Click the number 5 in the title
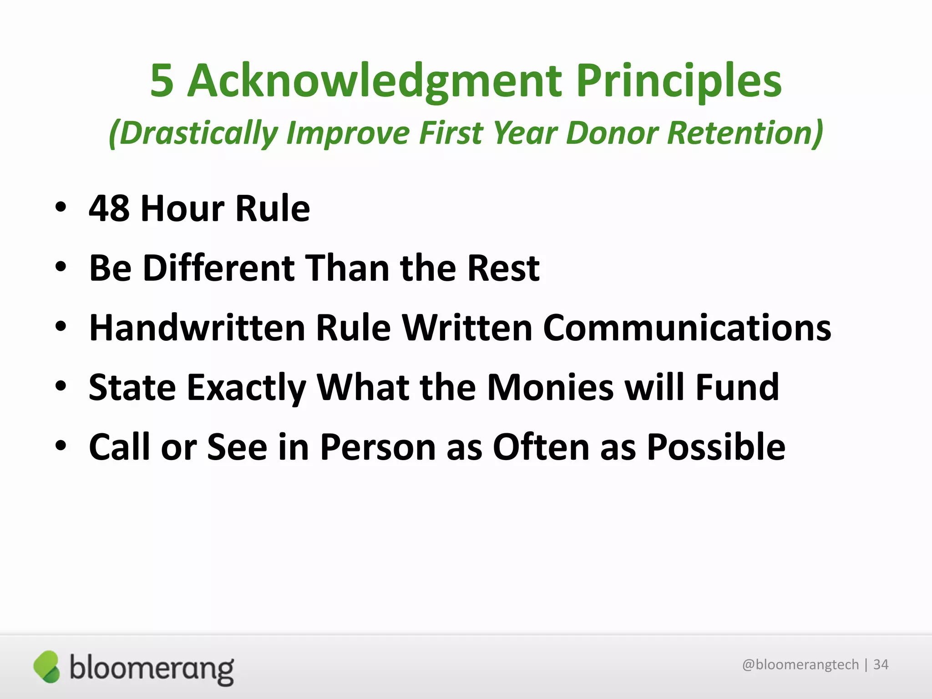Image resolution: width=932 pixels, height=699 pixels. pos(162,81)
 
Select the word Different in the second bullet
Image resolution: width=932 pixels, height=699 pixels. pos(218,268)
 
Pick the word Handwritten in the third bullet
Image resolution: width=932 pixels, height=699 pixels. pos(197,328)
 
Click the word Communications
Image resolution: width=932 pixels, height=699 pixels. pos(687,328)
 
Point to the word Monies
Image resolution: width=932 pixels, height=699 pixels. pos(550,388)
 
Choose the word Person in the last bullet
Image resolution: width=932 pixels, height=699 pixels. pos(377,447)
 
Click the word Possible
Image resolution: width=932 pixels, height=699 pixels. pos(716,447)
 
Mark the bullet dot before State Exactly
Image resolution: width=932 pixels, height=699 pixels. pos(61,386)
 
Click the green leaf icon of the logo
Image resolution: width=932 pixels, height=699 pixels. pos(46,667)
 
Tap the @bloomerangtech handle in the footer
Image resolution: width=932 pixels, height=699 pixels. pos(800,665)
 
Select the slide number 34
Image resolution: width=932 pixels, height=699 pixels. pos(881,665)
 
